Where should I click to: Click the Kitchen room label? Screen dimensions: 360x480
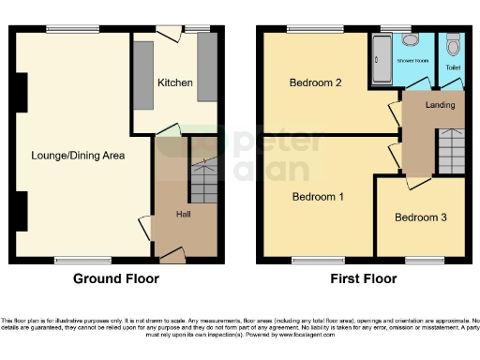pyautogui.click(x=174, y=83)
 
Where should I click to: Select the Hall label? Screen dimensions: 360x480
pyautogui.click(x=185, y=215)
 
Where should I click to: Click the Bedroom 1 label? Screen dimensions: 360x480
pyautogui.click(x=318, y=197)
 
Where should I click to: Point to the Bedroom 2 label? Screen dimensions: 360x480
pyautogui.click(x=314, y=83)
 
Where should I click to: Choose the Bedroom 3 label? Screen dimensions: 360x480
pyautogui.click(x=420, y=218)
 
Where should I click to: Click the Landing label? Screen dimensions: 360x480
pyautogui.click(x=440, y=104)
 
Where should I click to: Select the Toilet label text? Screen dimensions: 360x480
pyautogui.click(x=453, y=67)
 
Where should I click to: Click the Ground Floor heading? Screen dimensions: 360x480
pyautogui.click(x=117, y=279)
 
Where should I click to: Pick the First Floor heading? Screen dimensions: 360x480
pyautogui.click(x=364, y=279)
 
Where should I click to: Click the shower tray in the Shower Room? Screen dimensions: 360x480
pyautogui.click(x=382, y=58)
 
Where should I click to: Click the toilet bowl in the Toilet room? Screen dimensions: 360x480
pyautogui.click(x=453, y=44)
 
